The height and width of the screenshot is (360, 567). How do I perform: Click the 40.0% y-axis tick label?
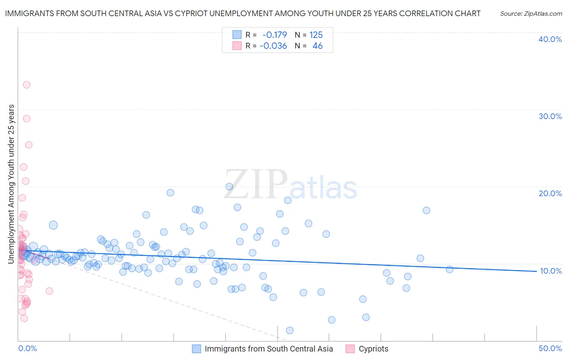tap(550, 39)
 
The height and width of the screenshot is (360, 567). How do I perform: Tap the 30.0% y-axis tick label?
tap(550, 116)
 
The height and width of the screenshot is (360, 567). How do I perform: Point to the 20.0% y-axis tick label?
tap(550, 193)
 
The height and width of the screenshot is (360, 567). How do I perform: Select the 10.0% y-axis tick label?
tap(550, 271)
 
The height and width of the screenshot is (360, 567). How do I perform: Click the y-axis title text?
tap(11, 184)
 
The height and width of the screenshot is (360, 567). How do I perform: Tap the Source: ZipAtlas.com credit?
tap(531, 13)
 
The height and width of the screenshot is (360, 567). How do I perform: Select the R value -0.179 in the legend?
tap(275, 35)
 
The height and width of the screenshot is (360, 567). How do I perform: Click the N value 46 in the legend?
tap(317, 46)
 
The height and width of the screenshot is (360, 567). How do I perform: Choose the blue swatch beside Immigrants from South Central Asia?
tap(196, 349)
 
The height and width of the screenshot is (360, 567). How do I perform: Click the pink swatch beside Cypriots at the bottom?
tap(350, 349)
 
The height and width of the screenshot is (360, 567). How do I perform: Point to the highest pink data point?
tap(27, 85)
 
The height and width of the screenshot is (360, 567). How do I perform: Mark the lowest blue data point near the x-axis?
tap(290, 331)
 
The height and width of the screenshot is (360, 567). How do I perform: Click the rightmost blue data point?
tap(450, 269)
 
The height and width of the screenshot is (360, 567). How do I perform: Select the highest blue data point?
tap(229, 186)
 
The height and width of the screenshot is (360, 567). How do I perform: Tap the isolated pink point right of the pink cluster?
tap(49, 291)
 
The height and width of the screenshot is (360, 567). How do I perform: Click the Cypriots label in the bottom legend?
tap(373, 349)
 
